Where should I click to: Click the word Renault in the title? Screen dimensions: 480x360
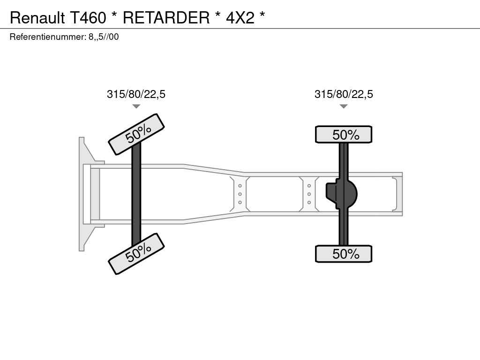(37, 17)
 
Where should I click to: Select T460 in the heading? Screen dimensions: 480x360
(88, 17)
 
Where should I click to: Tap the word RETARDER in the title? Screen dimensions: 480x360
(166, 17)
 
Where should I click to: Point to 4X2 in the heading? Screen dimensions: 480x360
(240, 17)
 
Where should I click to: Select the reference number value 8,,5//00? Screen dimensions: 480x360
(104, 37)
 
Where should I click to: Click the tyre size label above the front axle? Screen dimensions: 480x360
(136, 94)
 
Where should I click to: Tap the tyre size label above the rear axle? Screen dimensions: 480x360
(344, 94)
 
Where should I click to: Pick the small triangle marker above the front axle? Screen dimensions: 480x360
(136, 106)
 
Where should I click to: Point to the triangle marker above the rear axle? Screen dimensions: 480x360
(344, 106)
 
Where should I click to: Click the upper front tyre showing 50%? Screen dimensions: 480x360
(136, 134)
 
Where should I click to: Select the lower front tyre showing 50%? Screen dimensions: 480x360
(136, 254)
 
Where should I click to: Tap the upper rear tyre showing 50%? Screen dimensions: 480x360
(344, 135)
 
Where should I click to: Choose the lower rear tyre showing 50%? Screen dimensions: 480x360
(344, 254)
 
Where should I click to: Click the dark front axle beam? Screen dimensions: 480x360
(136, 194)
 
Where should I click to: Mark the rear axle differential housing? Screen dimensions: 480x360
(342, 194)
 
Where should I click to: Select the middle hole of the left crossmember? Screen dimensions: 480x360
(240, 194)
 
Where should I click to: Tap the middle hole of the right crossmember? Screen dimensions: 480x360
(309, 194)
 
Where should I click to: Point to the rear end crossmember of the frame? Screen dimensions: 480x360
(397, 194)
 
